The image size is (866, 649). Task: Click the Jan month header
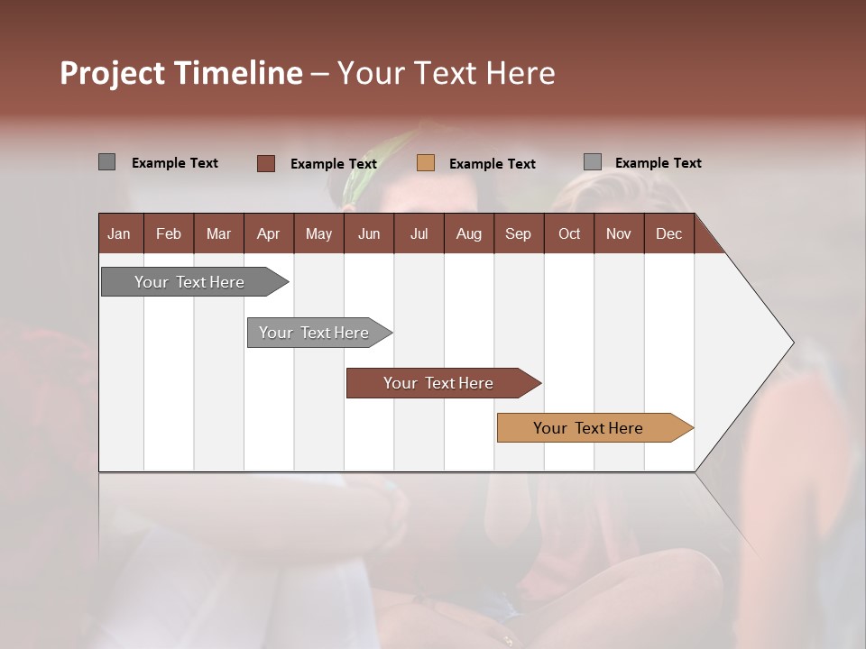(120, 233)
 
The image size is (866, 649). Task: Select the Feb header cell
(169, 233)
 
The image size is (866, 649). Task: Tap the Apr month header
(269, 233)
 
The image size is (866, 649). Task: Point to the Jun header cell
(369, 233)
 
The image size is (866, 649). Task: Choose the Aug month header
(469, 233)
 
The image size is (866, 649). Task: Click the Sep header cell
(519, 233)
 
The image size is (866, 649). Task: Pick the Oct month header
(569, 233)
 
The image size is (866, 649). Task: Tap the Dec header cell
(669, 233)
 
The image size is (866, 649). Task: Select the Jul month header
(419, 233)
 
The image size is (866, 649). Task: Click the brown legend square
(266, 163)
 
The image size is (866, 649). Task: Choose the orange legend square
(426, 163)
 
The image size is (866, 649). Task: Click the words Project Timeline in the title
(180, 73)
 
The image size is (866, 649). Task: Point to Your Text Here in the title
(446, 73)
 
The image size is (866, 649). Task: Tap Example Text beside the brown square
(334, 164)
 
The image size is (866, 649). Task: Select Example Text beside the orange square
(493, 164)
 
